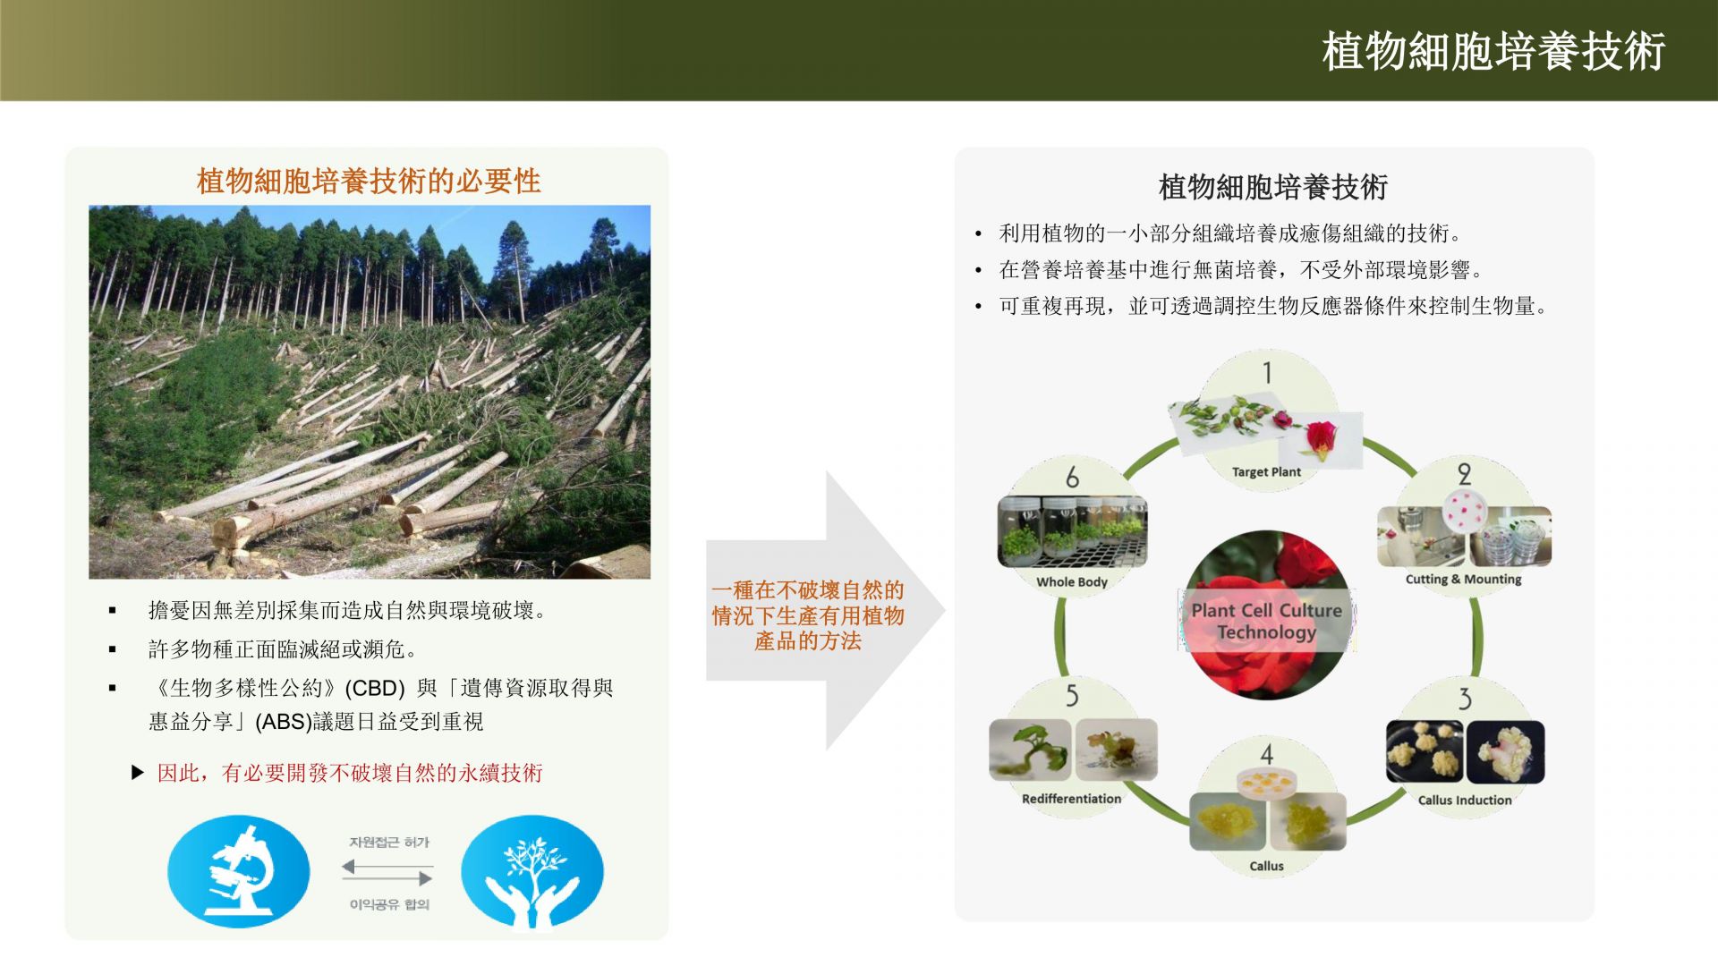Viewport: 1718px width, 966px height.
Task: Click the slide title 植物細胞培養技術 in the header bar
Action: [x=1493, y=51]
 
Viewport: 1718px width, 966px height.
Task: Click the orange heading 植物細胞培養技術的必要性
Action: [x=369, y=182]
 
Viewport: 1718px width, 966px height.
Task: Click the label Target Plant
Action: [x=1266, y=472]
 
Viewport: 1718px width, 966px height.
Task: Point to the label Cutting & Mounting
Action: [x=1463, y=579]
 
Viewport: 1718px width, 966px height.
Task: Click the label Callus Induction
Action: [x=1465, y=800]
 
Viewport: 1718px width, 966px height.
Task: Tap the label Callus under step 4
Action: [x=1266, y=866]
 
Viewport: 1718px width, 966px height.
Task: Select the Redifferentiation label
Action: [x=1071, y=799]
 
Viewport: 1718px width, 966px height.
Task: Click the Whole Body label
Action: [x=1072, y=581]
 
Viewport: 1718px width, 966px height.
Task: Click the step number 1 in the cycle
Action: [x=1267, y=372]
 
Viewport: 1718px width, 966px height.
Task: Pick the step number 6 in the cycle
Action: [x=1072, y=477]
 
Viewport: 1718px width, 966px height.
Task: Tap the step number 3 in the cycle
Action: [x=1465, y=698]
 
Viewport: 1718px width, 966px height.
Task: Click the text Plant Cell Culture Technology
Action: [x=1266, y=621]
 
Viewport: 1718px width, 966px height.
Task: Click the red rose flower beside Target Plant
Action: [x=1323, y=439]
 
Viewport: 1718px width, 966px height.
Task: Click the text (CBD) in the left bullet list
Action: [x=375, y=689]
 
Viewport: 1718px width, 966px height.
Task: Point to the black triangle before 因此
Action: [x=138, y=772]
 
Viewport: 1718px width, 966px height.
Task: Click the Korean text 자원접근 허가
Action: [x=389, y=843]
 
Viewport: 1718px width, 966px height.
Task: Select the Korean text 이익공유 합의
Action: [x=389, y=904]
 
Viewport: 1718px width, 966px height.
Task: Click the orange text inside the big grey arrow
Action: [x=808, y=615]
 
